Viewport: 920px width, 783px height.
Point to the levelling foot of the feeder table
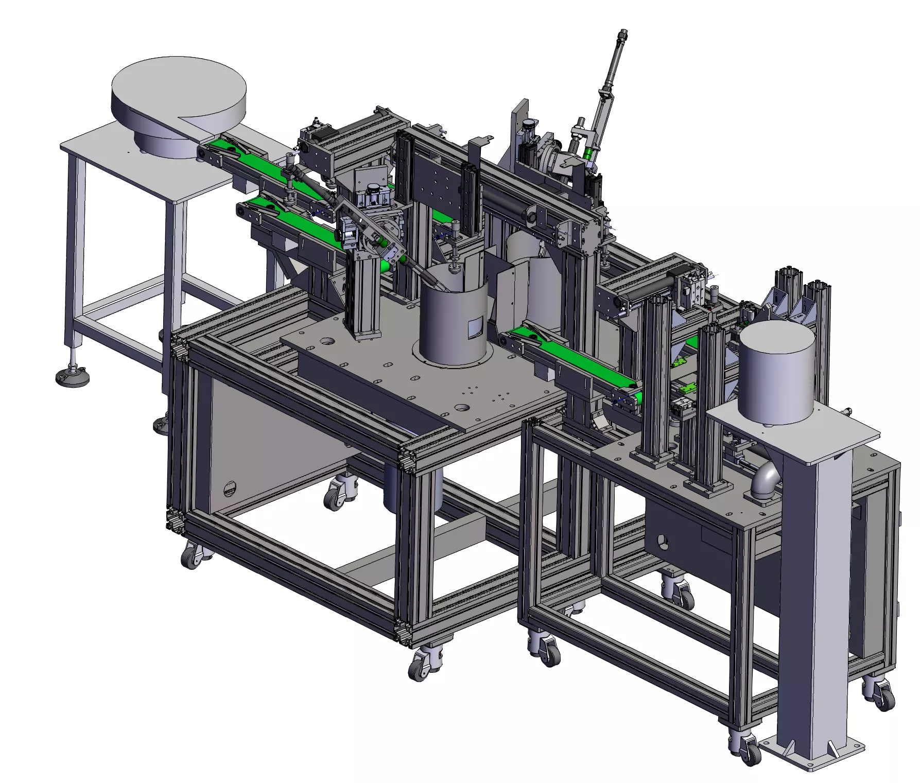[x=72, y=375]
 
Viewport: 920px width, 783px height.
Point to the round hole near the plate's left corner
[x=326, y=341]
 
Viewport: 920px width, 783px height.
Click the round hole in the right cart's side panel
[x=663, y=541]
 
